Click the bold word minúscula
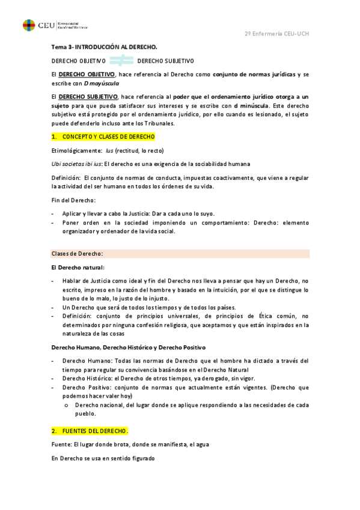click(259, 105)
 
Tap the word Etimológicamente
click(76, 150)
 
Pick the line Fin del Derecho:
click(74, 200)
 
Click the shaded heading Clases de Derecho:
click(78, 253)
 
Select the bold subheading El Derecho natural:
click(78, 267)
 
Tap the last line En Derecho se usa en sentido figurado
click(103, 459)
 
